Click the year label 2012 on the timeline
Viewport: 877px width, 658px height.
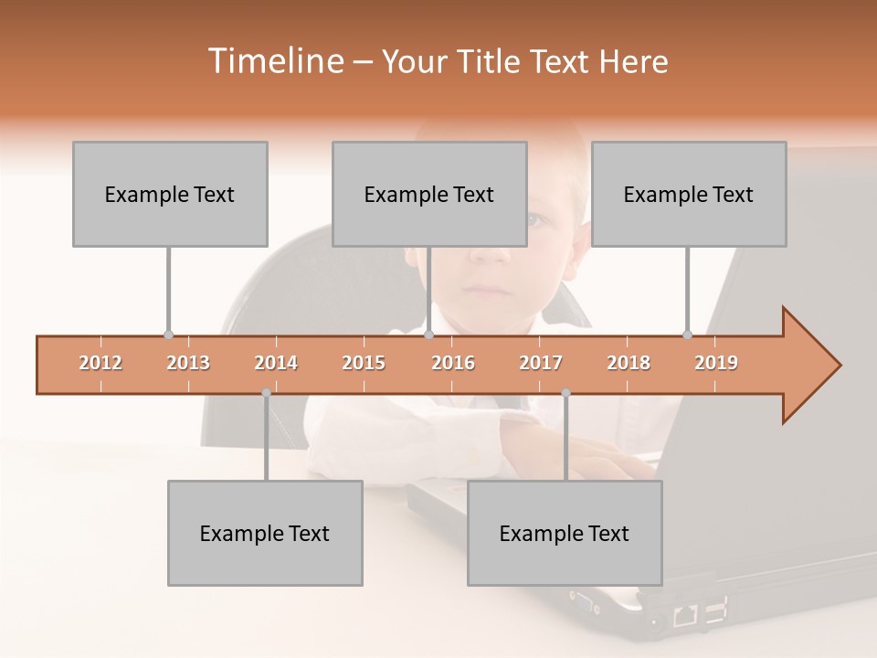click(x=100, y=363)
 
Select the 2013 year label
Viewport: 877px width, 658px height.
click(x=188, y=363)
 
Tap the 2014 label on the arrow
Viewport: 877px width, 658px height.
click(x=276, y=363)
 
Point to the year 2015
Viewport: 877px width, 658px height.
click(x=364, y=363)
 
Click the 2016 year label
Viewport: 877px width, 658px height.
click(x=453, y=363)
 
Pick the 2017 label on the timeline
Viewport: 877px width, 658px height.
click(x=541, y=363)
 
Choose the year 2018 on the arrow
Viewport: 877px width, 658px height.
click(x=629, y=363)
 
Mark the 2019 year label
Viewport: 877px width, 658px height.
click(x=716, y=363)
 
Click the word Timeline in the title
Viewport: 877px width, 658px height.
click(x=275, y=61)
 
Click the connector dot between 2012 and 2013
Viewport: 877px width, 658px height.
click(x=168, y=334)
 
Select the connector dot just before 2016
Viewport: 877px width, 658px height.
click(x=428, y=334)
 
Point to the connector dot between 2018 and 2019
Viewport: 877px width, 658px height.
click(x=687, y=334)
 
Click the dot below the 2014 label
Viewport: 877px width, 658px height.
click(x=266, y=393)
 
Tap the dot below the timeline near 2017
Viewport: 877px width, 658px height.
click(x=565, y=393)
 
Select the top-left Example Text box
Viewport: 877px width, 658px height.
click(x=170, y=194)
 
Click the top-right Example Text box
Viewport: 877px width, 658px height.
click(x=689, y=194)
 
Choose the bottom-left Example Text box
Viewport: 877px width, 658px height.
click(x=265, y=533)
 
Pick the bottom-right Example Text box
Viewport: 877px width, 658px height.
click(x=565, y=533)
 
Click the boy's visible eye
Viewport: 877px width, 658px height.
click(x=536, y=220)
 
